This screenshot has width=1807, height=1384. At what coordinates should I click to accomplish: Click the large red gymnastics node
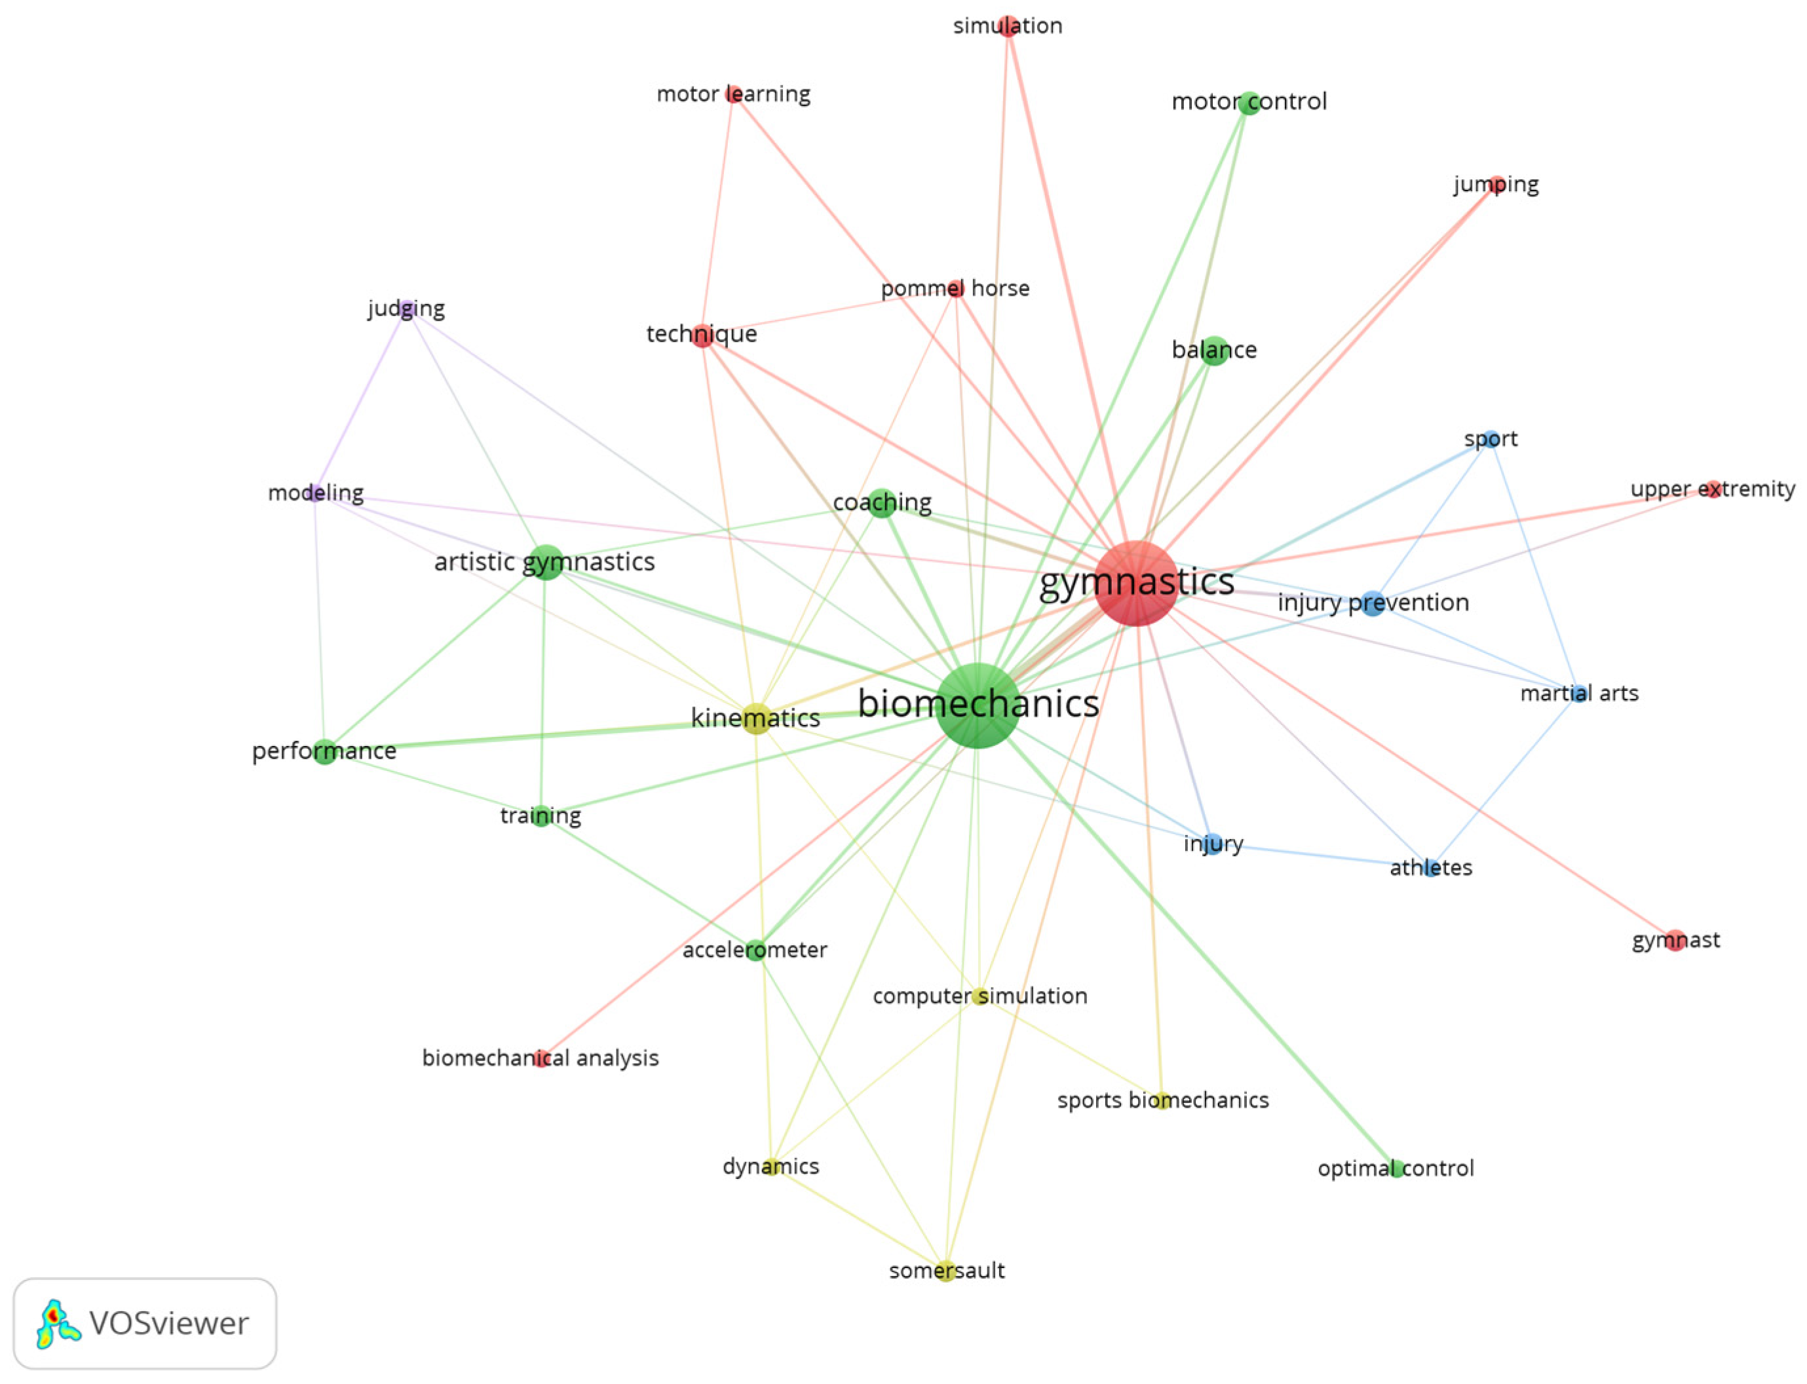[x=1136, y=583]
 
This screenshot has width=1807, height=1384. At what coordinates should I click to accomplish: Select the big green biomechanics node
[x=978, y=705]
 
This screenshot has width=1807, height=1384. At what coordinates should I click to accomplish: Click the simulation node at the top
[x=1008, y=26]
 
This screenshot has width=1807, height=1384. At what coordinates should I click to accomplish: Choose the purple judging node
[x=406, y=310]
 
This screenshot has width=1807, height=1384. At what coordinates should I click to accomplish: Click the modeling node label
[x=316, y=493]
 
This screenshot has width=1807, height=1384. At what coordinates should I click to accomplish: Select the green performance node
[x=325, y=751]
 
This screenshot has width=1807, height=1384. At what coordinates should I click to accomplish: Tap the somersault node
[x=946, y=1271]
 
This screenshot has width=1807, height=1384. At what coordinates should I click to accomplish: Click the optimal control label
[x=1395, y=1168]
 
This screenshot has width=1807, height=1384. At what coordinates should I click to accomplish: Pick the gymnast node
[x=1675, y=940]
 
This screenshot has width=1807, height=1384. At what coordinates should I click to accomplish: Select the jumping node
[x=1496, y=185]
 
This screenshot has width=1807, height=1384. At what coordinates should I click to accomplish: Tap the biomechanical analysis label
[x=540, y=1058]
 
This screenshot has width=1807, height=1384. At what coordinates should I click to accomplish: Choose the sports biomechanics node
[x=1162, y=1100]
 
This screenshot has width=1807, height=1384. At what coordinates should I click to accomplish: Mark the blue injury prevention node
[x=1372, y=603]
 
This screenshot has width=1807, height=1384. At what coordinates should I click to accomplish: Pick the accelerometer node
[x=755, y=950]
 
